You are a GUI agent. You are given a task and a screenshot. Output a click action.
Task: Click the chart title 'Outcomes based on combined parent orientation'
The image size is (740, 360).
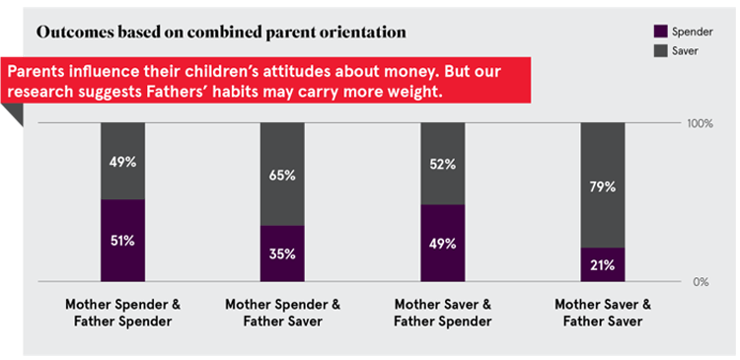point(221,32)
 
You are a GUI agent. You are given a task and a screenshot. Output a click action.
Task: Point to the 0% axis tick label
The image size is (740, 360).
point(700,282)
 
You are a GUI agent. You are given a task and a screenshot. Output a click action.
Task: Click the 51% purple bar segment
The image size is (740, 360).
point(123,241)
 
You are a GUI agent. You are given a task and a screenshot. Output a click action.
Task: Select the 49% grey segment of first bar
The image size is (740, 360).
point(123,161)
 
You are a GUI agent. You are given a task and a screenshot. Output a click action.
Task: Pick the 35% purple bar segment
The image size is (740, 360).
point(282,253)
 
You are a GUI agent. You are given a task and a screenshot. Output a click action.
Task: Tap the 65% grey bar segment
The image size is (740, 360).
point(282,174)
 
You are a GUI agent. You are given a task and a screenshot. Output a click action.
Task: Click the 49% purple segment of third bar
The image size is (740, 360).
point(443,243)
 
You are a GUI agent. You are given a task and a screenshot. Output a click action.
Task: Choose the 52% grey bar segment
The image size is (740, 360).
point(443,164)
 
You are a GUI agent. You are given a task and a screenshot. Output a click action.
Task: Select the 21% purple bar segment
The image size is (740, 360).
point(603,264)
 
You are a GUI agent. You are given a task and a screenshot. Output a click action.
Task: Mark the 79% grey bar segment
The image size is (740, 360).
point(603,185)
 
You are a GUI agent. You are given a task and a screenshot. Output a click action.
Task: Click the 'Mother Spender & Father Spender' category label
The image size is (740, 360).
point(123,313)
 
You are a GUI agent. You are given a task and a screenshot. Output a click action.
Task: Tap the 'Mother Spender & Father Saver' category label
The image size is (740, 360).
point(282,313)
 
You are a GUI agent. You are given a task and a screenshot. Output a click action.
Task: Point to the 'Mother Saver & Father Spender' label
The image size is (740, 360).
point(443,313)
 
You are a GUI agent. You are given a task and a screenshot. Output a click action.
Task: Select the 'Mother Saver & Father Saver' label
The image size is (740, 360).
point(603,313)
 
